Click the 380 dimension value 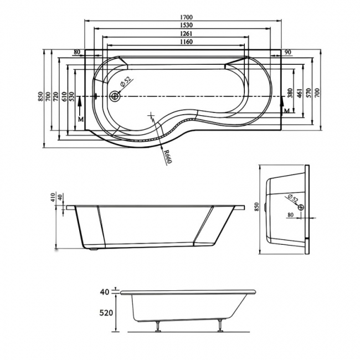pyautogui.click(x=291, y=93)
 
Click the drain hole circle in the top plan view pyautogui.click(x=115, y=96)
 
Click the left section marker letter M pyautogui.click(x=80, y=119)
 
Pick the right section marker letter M pyautogui.click(x=286, y=111)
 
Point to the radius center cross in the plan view pyautogui.click(x=151, y=115)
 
